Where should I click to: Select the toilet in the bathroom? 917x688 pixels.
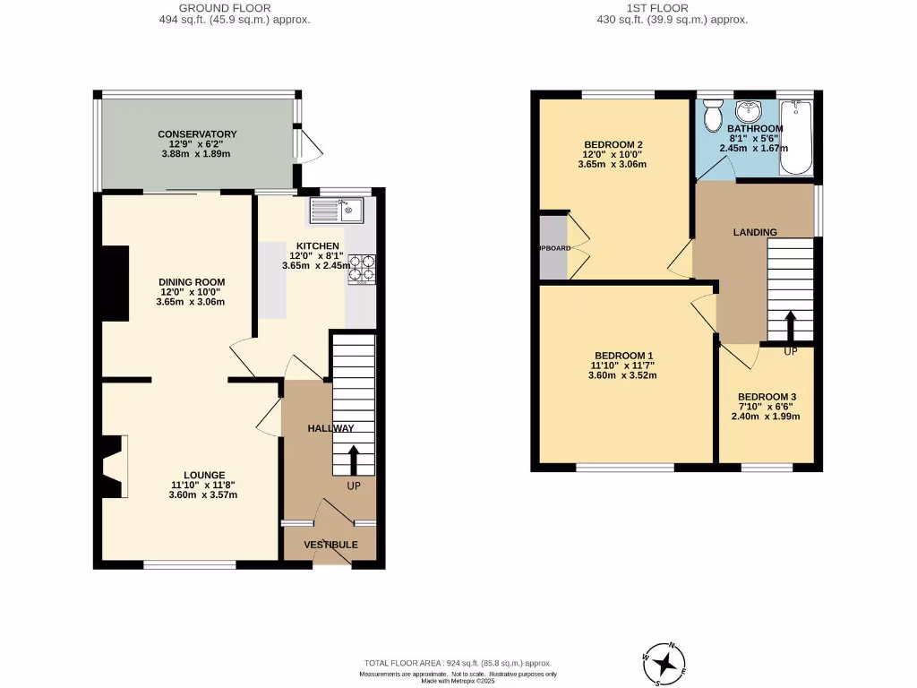pos(713,115)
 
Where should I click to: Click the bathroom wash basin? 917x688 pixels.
pos(746,111)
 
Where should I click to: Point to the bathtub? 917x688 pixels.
pos(795,137)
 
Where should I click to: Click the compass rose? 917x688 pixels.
pos(664,664)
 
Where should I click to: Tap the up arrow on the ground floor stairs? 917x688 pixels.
pos(352,460)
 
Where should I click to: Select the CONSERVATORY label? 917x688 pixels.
pos(197,134)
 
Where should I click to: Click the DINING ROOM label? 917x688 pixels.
pos(192,281)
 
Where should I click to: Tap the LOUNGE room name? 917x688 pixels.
pos(204,475)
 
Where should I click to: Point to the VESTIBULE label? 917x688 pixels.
pos(330,545)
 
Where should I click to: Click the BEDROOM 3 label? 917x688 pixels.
pos(767,397)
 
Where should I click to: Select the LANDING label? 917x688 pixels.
pos(755,232)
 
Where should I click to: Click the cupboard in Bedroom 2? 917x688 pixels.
pos(553,247)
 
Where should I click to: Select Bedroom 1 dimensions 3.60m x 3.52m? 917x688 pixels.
pos(622,375)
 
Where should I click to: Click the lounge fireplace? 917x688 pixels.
pos(113,466)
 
